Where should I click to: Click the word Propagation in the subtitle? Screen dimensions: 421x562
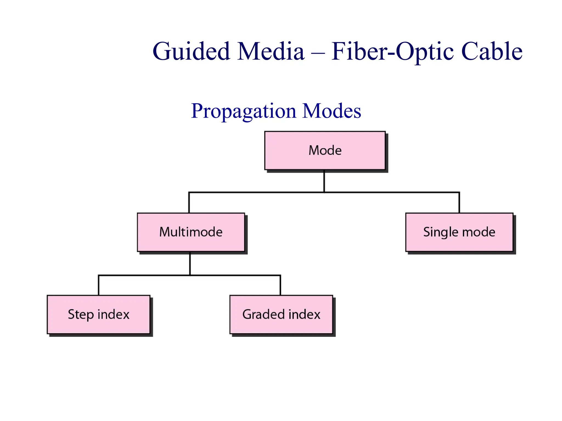[243, 111]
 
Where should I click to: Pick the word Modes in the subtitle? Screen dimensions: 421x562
[331, 111]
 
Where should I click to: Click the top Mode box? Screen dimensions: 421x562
[325, 150]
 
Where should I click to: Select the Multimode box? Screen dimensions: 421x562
[191, 232]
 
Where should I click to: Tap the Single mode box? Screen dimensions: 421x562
[459, 232]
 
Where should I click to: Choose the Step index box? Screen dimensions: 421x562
[99, 314]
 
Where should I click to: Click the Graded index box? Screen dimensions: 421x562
[281, 314]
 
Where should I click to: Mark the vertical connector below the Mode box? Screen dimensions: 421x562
[324, 181]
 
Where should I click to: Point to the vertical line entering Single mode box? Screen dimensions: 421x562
[459, 203]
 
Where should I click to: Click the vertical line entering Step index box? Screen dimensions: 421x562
[99, 285]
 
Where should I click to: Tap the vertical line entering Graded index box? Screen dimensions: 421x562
[280, 285]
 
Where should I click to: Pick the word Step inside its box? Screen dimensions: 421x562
[81, 314]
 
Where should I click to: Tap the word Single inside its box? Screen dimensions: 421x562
[441, 232]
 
